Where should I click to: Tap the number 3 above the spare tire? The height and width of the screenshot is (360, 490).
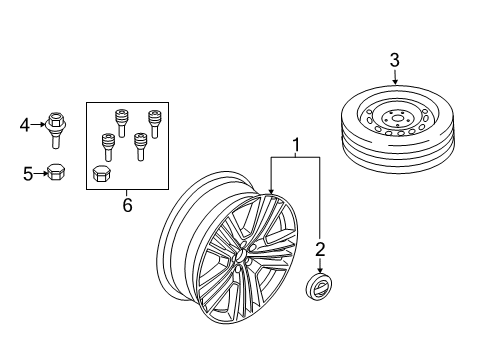(x=394, y=62)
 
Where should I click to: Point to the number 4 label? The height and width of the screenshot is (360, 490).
(x=25, y=125)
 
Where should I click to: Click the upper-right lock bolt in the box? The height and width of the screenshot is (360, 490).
(x=155, y=122)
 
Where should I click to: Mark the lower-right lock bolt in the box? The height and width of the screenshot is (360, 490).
(x=142, y=146)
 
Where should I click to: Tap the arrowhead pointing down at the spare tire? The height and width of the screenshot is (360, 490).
(x=394, y=81)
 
